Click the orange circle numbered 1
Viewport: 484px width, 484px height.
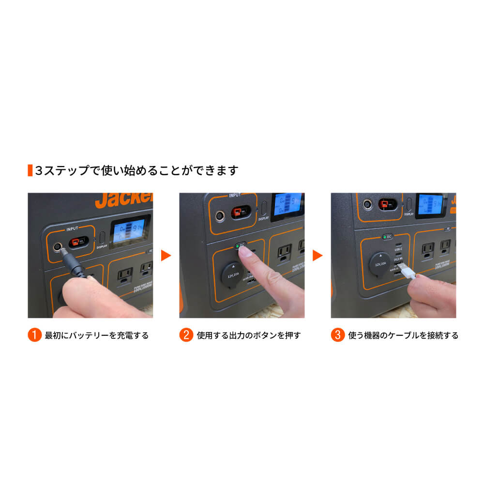pyautogui.click(x=34, y=335)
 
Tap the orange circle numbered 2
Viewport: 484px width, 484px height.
pyautogui.click(x=186, y=335)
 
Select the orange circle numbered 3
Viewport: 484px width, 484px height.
pyautogui.click(x=338, y=335)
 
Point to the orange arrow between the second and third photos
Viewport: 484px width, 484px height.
pyautogui.click(x=318, y=255)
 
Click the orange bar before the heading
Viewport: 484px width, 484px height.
pyautogui.click(x=30, y=170)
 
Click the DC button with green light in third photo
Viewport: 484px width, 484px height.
pyautogui.click(x=387, y=237)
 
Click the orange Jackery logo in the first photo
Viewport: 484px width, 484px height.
pyautogui.click(x=124, y=200)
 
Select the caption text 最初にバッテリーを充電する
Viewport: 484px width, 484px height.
pyautogui.click(x=96, y=335)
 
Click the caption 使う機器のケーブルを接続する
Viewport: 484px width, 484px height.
pyautogui.click(x=403, y=335)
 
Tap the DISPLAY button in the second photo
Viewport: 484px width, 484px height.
pyautogui.click(x=264, y=208)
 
